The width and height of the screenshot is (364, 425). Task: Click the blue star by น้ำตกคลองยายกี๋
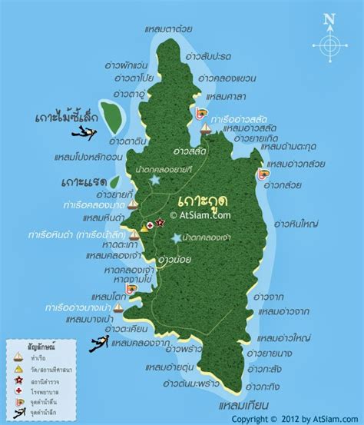(x=156, y=179)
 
